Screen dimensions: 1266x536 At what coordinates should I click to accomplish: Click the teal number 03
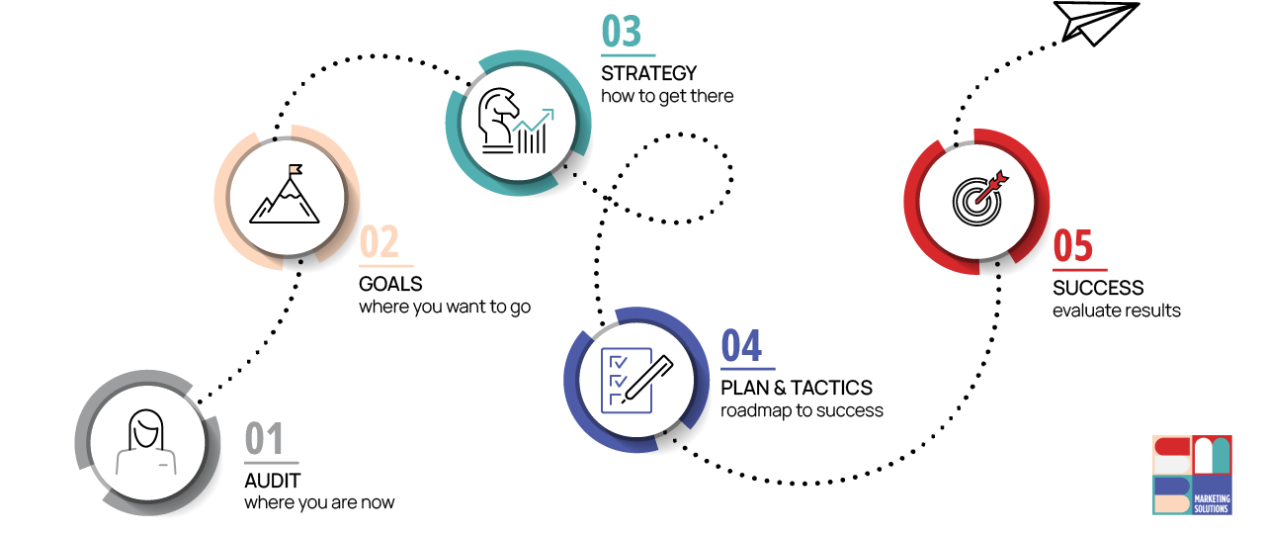click(x=622, y=33)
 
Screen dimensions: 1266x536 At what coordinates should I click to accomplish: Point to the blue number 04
click(x=741, y=347)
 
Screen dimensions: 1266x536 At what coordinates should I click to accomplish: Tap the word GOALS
click(x=390, y=285)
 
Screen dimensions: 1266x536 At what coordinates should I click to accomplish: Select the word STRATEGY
click(x=649, y=73)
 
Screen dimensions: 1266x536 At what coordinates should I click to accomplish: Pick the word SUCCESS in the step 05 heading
click(x=1098, y=288)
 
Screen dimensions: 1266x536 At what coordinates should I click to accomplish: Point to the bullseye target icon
click(x=976, y=199)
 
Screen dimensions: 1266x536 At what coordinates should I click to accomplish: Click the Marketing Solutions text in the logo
click(x=1212, y=502)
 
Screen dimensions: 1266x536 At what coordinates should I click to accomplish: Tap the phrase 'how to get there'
click(x=667, y=96)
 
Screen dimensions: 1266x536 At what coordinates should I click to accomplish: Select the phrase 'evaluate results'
click(x=1116, y=311)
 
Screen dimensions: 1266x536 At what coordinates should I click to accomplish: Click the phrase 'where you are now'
click(x=319, y=502)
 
